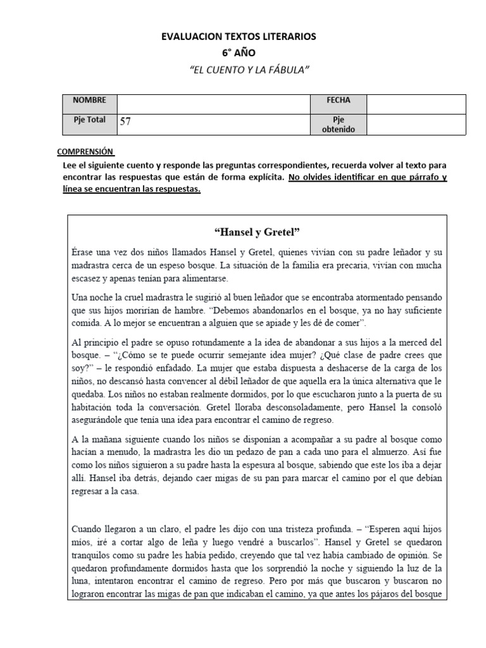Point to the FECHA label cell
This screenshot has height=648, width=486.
[338, 101]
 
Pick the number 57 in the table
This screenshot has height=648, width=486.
[125, 121]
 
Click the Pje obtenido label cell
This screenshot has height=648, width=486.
[338, 124]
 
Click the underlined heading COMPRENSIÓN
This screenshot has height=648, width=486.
[85, 152]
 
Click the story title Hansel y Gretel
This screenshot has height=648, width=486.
[257, 231]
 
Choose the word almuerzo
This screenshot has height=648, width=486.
[397, 452]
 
